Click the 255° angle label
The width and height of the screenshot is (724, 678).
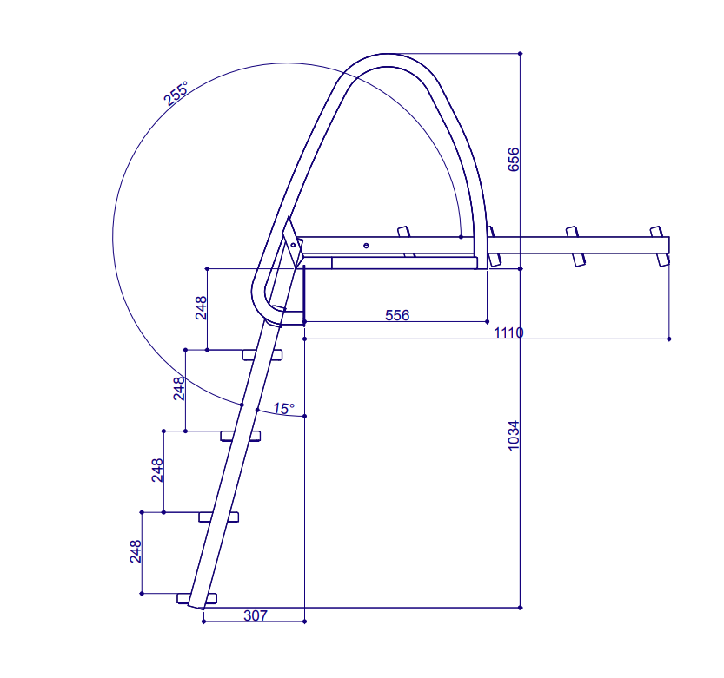(176, 93)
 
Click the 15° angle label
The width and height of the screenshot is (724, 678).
(283, 408)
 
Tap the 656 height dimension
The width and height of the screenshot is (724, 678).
(513, 160)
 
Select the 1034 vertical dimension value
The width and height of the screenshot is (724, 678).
(513, 436)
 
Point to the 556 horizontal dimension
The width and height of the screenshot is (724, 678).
(397, 315)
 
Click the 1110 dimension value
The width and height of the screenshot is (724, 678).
(508, 332)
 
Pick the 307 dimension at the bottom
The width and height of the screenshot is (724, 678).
(256, 615)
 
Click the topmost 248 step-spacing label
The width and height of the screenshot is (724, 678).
(201, 307)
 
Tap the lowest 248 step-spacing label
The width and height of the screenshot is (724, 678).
(136, 551)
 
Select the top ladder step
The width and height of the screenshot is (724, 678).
(262, 355)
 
